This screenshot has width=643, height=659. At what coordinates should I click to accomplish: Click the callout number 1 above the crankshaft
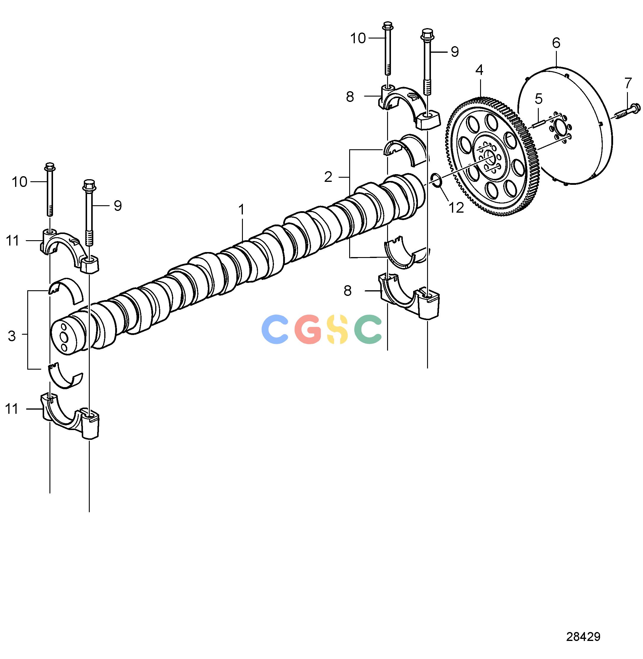[x=241, y=210]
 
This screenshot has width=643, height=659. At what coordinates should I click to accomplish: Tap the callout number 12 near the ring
[x=456, y=208]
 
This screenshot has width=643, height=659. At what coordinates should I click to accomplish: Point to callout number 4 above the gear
[x=479, y=70]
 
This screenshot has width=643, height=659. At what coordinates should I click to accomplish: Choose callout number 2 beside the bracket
[x=328, y=177]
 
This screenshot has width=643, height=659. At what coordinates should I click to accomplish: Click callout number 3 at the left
[x=12, y=336]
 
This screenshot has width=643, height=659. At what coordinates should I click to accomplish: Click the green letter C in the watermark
[x=368, y=329]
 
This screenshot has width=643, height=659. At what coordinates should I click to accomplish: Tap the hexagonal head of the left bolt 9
[x=89, y=185]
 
